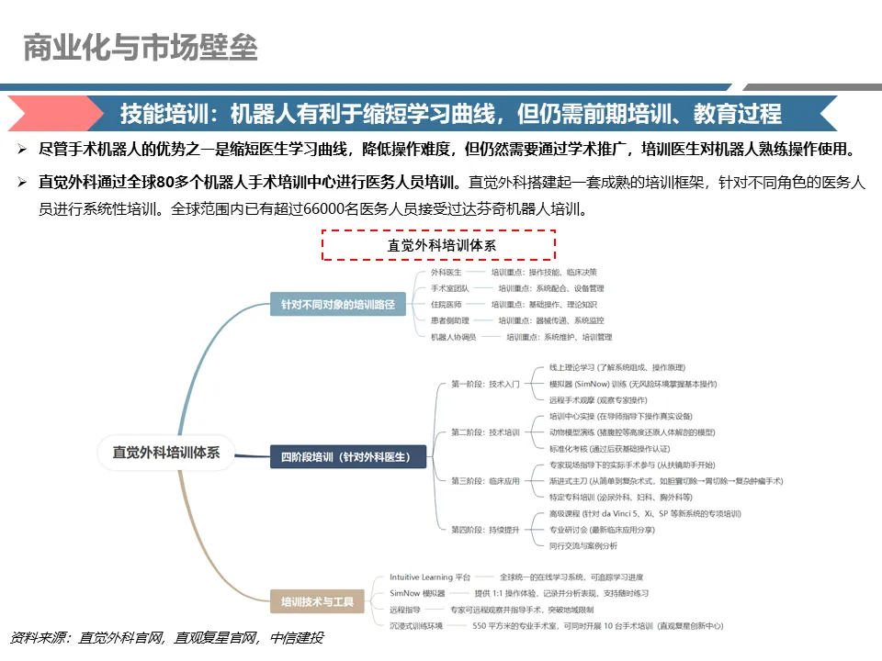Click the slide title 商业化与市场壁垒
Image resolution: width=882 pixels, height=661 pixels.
(141, 47)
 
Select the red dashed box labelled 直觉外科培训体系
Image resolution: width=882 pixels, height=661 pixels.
(439, 245)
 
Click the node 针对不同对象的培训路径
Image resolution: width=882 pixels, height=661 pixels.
(337, 304)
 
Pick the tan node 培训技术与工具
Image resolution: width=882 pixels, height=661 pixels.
(317, 603)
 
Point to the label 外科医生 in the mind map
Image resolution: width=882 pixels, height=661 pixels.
(447, 273)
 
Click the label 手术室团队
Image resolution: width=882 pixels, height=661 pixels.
(450, 288)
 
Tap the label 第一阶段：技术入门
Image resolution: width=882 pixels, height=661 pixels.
(486, 384)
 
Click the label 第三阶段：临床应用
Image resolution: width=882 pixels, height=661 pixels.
(486, 481)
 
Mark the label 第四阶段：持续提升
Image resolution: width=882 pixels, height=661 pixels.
(486, 530)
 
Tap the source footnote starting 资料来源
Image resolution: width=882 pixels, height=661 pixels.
(166, 638)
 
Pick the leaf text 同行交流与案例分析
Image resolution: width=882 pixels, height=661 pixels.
(583, 545)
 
